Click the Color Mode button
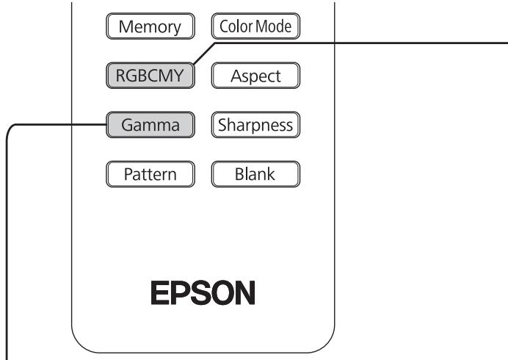tap(256, 27)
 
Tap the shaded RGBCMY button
tap(149, 75)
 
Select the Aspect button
tap(256, 75)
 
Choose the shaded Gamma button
tap(150, 125)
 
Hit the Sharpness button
tap(256, 125)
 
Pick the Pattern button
tap(149, 175)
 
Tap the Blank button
tap(256, 175)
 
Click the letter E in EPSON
tap(160, 293)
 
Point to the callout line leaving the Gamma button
tap(59, 125)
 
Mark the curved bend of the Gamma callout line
tap(11, 129)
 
